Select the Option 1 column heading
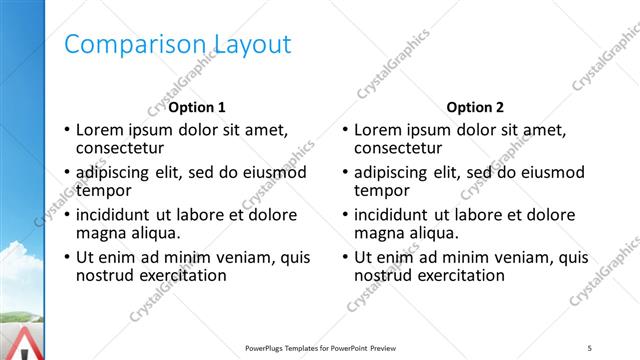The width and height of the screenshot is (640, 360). (197, 107)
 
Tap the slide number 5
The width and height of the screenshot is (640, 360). (590, 348)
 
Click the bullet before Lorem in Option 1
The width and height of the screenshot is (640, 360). (67, 131)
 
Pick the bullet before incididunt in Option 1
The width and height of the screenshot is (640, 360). (67, 215)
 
